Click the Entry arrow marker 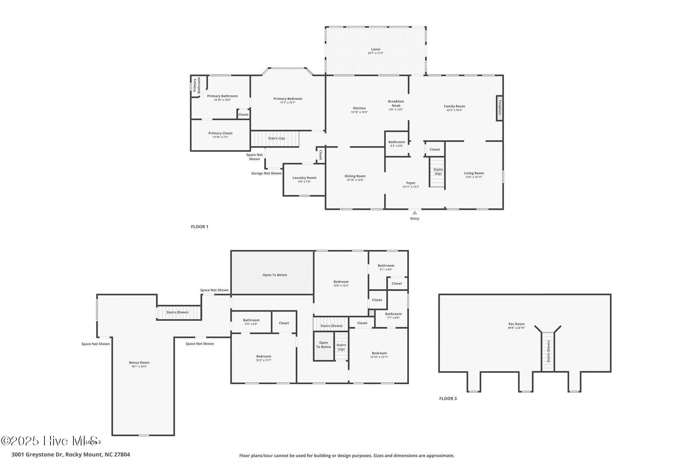coord(414,213)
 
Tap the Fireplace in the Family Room coord(499,108)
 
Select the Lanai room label coord(375,49)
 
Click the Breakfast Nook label coord(396,103)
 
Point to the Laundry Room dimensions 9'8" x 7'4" coord(304,182)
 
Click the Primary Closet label coord(220,133)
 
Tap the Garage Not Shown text coord(266,173)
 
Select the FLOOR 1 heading coord(200,227)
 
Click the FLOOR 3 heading coord(448,398)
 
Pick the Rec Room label coord(516,324)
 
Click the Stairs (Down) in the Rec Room coord(548,352)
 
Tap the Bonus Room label coord(139,362)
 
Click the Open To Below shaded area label coord(274,275)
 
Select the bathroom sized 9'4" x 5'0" coord(251,322)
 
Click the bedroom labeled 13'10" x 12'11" coord(379,355)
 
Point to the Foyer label coord(411,183)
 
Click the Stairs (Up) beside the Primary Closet coord(276,138)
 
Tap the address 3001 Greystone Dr coord(70,455)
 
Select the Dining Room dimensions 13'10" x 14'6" coord(355,180)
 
